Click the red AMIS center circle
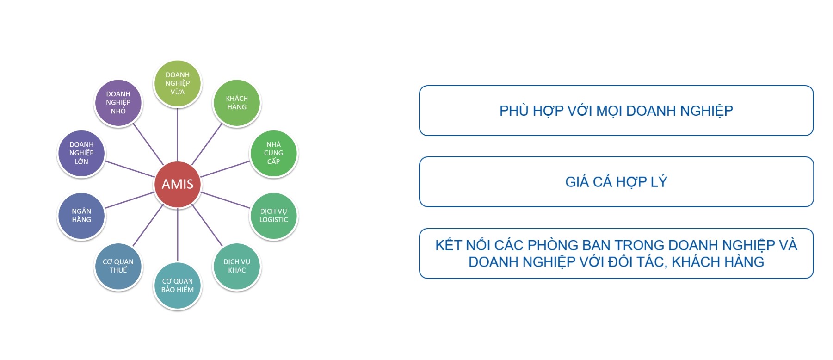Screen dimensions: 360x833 point(178,184)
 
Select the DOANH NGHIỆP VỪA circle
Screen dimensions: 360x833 point(178,83)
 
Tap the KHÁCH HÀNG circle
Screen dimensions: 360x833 point(237,103)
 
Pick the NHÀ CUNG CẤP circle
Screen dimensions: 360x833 point(273,153)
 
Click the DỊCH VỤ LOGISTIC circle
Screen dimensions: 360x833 point(273,216)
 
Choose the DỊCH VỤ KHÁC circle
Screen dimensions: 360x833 point(237,266)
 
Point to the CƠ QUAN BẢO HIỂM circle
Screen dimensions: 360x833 point(178,286)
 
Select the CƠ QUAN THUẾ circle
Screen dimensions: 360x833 point(118,266)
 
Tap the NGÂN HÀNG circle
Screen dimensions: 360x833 point(81,216)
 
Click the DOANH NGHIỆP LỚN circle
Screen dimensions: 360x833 point(81,153)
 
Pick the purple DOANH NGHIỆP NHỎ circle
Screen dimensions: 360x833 point(118,103)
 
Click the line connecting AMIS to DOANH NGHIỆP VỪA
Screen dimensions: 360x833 point(178,134)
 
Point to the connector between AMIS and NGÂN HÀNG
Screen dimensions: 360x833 point(130,200)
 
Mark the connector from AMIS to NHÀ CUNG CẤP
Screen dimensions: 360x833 point(225,169)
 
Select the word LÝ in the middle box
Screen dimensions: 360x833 point(659,182)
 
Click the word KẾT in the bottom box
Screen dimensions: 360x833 point(448,245)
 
